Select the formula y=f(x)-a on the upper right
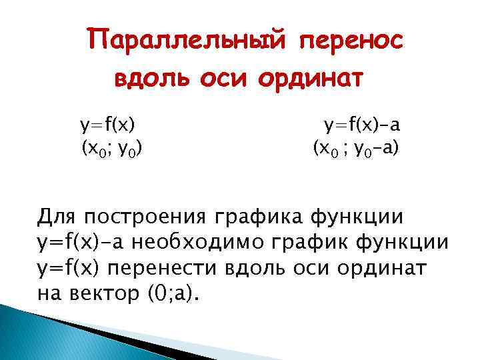(x=362, y=125)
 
